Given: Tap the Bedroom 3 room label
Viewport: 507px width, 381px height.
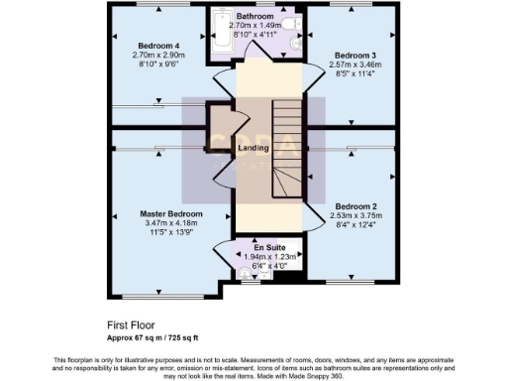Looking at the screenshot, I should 355,55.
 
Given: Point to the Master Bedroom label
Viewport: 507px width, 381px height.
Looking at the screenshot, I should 170,214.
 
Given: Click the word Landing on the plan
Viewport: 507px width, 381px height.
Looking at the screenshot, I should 253,149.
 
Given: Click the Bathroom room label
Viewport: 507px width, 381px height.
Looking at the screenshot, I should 254,18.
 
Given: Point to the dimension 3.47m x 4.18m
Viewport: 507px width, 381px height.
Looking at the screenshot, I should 170,224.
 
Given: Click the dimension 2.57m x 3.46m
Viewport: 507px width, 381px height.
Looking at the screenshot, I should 355,64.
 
